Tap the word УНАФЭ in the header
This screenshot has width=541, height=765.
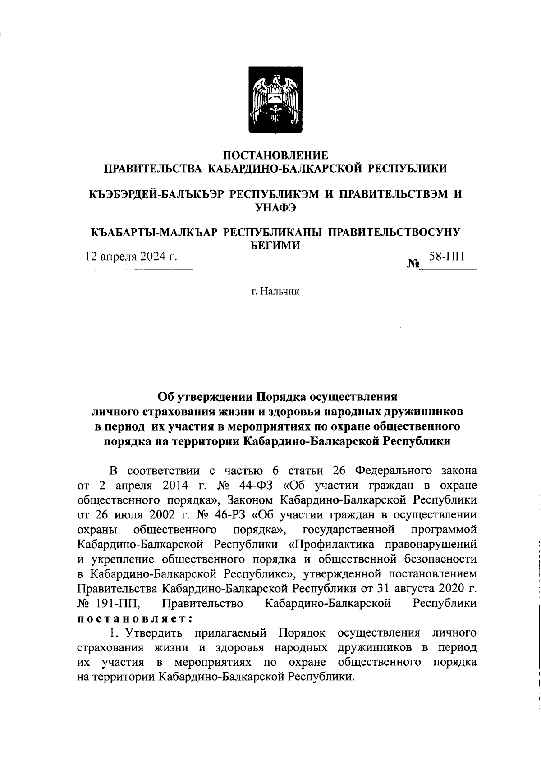point(275,207)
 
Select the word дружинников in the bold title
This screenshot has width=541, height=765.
point(423,412)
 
